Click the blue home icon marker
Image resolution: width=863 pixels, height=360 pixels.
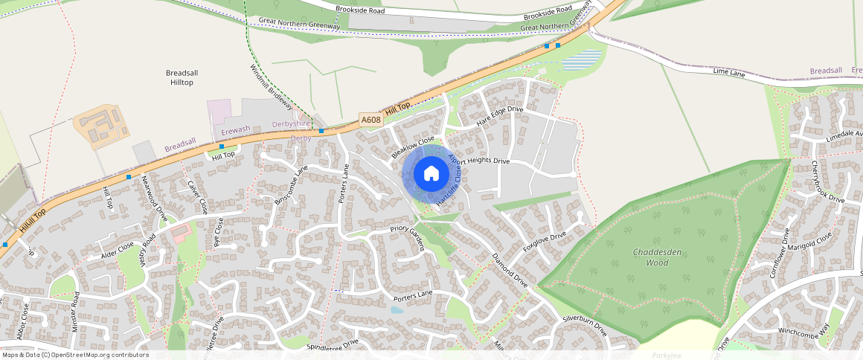[x=431, y=174]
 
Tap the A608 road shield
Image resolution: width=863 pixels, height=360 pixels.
[x=370, y=120]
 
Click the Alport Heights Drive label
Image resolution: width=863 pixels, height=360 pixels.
[x=479, y=161]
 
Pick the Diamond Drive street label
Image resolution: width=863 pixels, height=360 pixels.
[x=510, y=270]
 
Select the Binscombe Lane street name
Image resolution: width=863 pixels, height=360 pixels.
[x=290, y=186]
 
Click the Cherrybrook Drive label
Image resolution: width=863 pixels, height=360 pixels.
[x=827, y=182]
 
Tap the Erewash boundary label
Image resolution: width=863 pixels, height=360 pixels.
[x=236, y=130]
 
